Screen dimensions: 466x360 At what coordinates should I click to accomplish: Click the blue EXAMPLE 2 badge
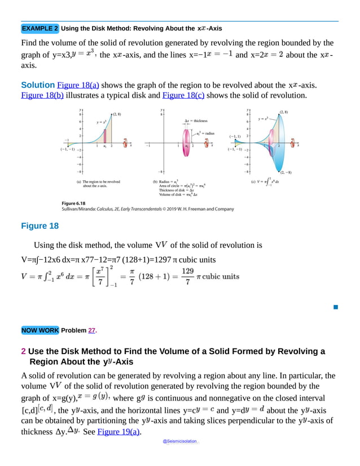(x=39, y=28)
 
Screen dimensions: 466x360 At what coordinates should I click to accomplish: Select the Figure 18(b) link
(x=42, y=95)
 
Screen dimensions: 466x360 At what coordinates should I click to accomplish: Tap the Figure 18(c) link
(x=182, y=95)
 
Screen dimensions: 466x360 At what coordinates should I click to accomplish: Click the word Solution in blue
(x=38, y=85)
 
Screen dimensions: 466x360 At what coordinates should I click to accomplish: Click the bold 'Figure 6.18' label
(x=73, y=202)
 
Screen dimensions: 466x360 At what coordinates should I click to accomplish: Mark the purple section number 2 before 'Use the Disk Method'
(x=23, y=351)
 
